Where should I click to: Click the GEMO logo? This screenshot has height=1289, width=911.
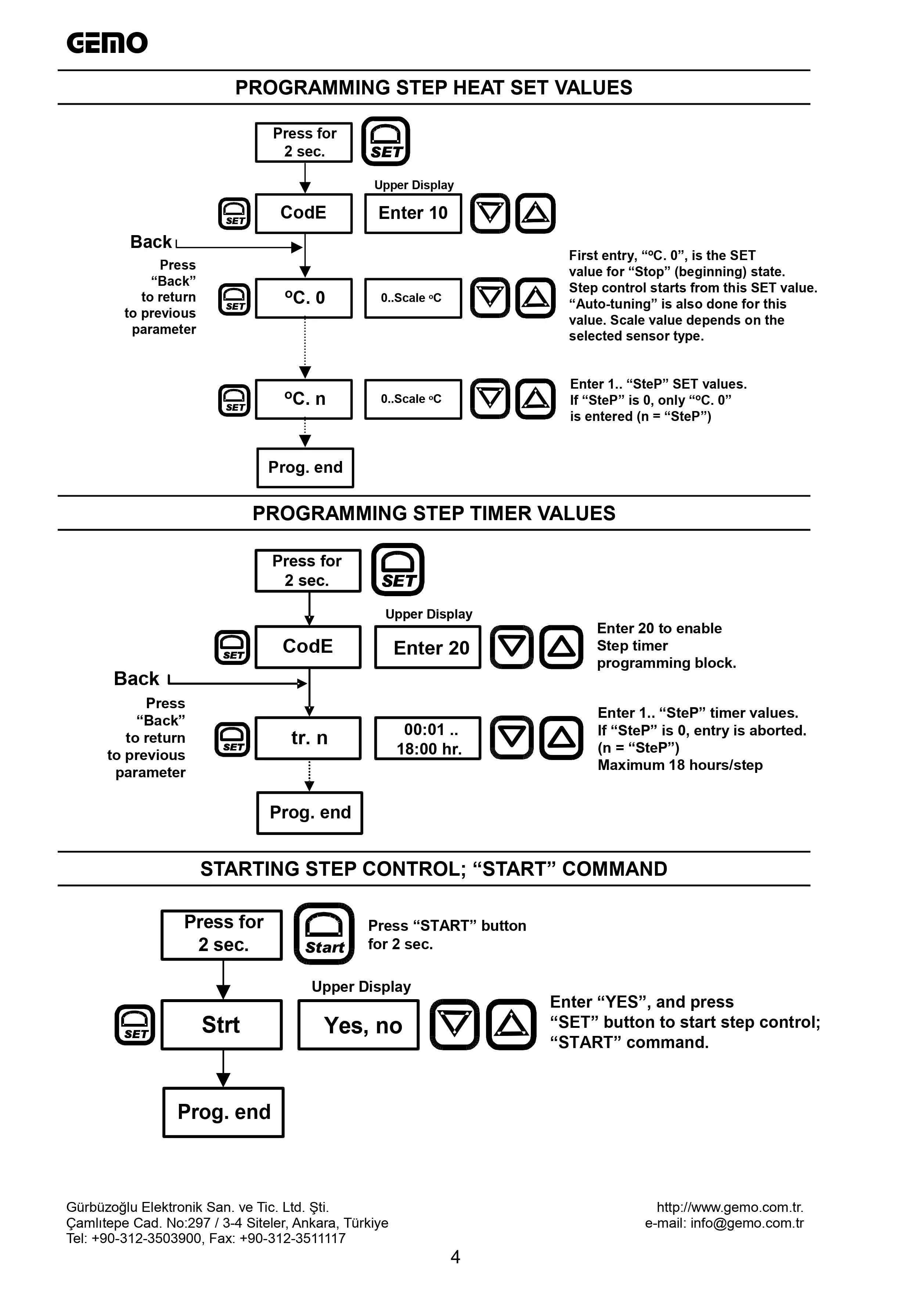pyautogui.click(x=107, y=43)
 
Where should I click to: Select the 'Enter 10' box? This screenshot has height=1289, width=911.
pyautogui.click(x=413, y=213)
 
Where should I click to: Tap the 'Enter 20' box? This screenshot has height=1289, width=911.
pyautogui.click(x=428, y=647)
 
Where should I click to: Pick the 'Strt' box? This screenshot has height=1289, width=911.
pyautogui.click(x=222, y=1025)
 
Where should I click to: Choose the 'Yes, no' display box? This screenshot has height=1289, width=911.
pyautogui.click(x=359, y=1025)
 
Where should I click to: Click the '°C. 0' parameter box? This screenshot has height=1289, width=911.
pyautogui.click(x=304, y=298)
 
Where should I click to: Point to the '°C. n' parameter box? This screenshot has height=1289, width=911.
pyautogui.click(x=304, y=399)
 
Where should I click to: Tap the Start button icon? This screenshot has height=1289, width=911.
pyautogui.click(x=324, y=934)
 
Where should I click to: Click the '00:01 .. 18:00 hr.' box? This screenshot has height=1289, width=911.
pyautogui.click(x=428, y=738)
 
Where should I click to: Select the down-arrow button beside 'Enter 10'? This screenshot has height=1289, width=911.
pyautogui.click(x=490, y=213)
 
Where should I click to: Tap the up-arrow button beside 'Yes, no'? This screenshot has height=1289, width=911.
pyautogui.click(x=511, y=1025)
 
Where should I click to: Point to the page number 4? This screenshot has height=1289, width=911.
pyautogui.click(x=455, y=1257)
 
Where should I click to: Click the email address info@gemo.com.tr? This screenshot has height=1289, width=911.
pyautogui.click(x=747, y=1223)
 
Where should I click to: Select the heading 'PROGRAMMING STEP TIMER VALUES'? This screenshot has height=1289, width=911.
pyautogui.click(x=434, y=513)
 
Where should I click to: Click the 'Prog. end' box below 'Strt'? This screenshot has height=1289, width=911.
pyautogui.click(x=223, y=1112)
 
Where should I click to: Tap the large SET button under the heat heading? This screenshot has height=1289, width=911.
pyautogui.click(x=386, y=141)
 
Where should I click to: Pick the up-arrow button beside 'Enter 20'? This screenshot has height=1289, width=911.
pyautogui.click(x=561, y=647)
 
